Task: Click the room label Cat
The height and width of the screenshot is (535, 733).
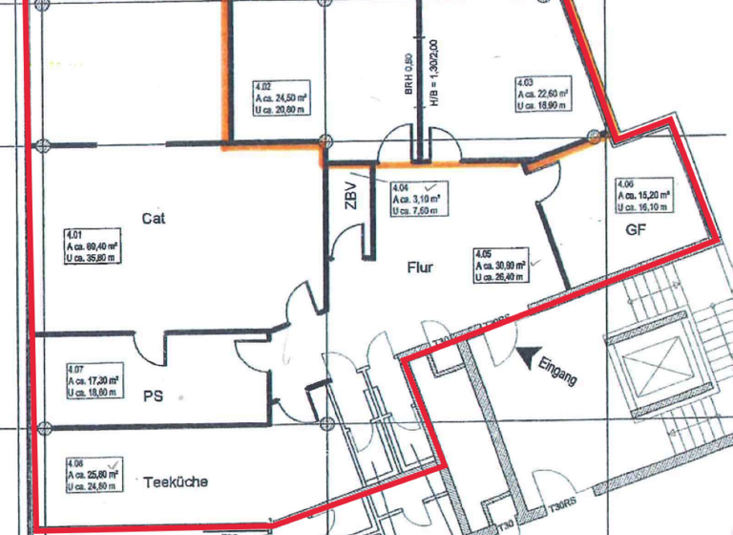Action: point(154,219)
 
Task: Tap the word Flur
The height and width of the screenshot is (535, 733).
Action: point(417,267)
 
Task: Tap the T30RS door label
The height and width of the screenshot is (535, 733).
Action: point(562,505)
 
